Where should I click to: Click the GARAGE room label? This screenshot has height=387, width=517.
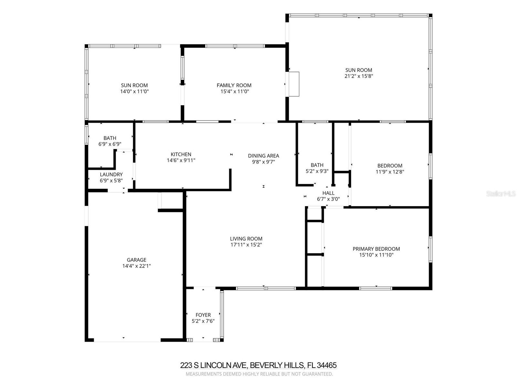[x=136, y=260]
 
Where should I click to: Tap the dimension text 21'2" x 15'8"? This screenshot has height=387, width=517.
[x=359, y=76]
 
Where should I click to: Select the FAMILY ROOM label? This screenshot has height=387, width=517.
[x=234, y=85]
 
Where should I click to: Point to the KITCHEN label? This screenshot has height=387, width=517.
[x=181, y=154]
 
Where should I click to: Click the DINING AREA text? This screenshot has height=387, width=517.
[x=263, y=155]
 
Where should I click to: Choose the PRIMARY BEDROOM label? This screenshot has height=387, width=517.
[x=376, y=249]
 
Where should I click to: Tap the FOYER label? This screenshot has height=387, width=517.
[x=203, y=315]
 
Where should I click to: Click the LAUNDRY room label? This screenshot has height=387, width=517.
[x=111, y=174]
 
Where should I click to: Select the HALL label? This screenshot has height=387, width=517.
[x=328, y=193]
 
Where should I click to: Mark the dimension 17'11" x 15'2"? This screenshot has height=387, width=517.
[x=246, y=245]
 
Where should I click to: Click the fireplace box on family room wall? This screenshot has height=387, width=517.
[x=294, y=84]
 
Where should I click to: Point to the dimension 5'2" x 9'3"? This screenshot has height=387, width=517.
[x=317, y=171]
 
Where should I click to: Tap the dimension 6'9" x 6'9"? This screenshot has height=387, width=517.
[x=110, y=144]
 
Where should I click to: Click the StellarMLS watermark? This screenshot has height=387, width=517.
[x=501, y=194]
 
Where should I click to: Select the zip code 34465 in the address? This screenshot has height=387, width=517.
[x=327, y=365]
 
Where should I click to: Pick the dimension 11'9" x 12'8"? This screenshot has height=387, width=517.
[x=390, y=172]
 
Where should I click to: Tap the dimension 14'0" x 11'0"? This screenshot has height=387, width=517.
[x=134, y=91]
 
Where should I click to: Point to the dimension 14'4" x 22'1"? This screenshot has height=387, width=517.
[x=136, y=266]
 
